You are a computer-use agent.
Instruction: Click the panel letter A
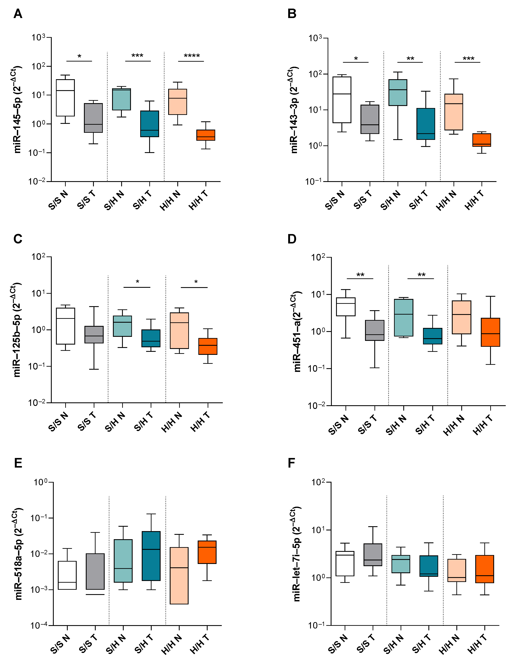coord(18,14)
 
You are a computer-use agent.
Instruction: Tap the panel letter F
coord(291,463)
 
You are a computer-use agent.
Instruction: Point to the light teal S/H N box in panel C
coord(122,326)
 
